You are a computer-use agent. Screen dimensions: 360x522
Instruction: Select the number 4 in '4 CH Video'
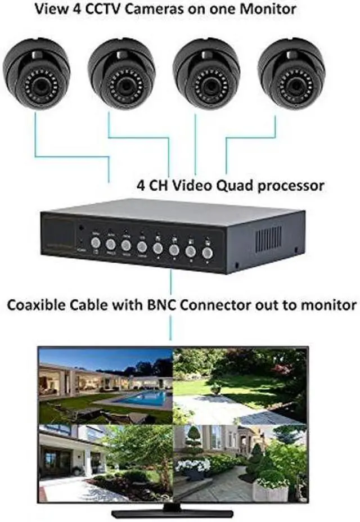click(141, 184)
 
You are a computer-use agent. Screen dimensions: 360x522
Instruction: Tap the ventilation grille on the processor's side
click(268, 239)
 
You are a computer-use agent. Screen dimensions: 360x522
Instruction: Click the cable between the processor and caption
click(170, 284)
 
